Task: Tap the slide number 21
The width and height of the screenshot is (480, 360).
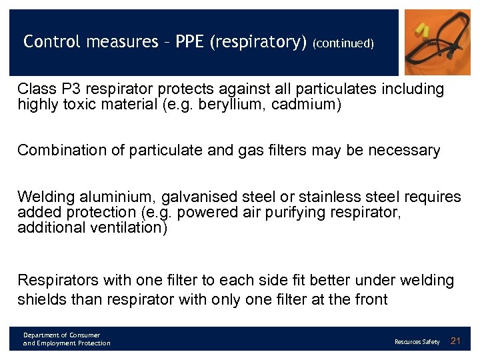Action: [456, 341]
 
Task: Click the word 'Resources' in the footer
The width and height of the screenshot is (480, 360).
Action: [407, 342]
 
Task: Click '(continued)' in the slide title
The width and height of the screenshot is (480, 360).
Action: [343, 43]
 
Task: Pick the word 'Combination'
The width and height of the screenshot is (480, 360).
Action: [59, 151]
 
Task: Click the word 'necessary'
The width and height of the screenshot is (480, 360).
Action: [407, 151]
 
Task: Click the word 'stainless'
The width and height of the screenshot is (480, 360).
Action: [328, 197]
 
